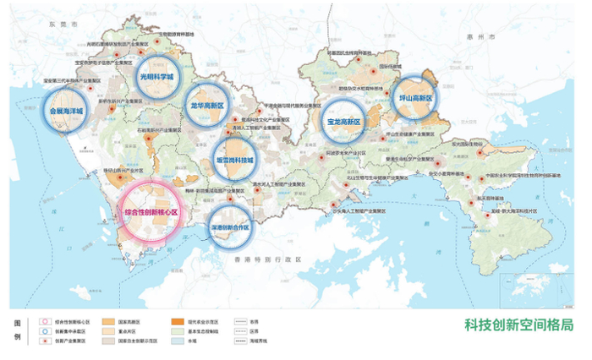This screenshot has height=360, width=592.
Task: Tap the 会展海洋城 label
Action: coord(68,110)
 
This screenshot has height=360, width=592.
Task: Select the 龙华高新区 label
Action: coord(206,106)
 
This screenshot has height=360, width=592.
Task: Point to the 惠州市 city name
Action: coord(484,38)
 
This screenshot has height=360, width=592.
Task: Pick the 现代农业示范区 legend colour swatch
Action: coord(178,321)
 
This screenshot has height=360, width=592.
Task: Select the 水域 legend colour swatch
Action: coord(178,341)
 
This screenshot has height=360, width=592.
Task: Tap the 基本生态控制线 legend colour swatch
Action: coord(178,331)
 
